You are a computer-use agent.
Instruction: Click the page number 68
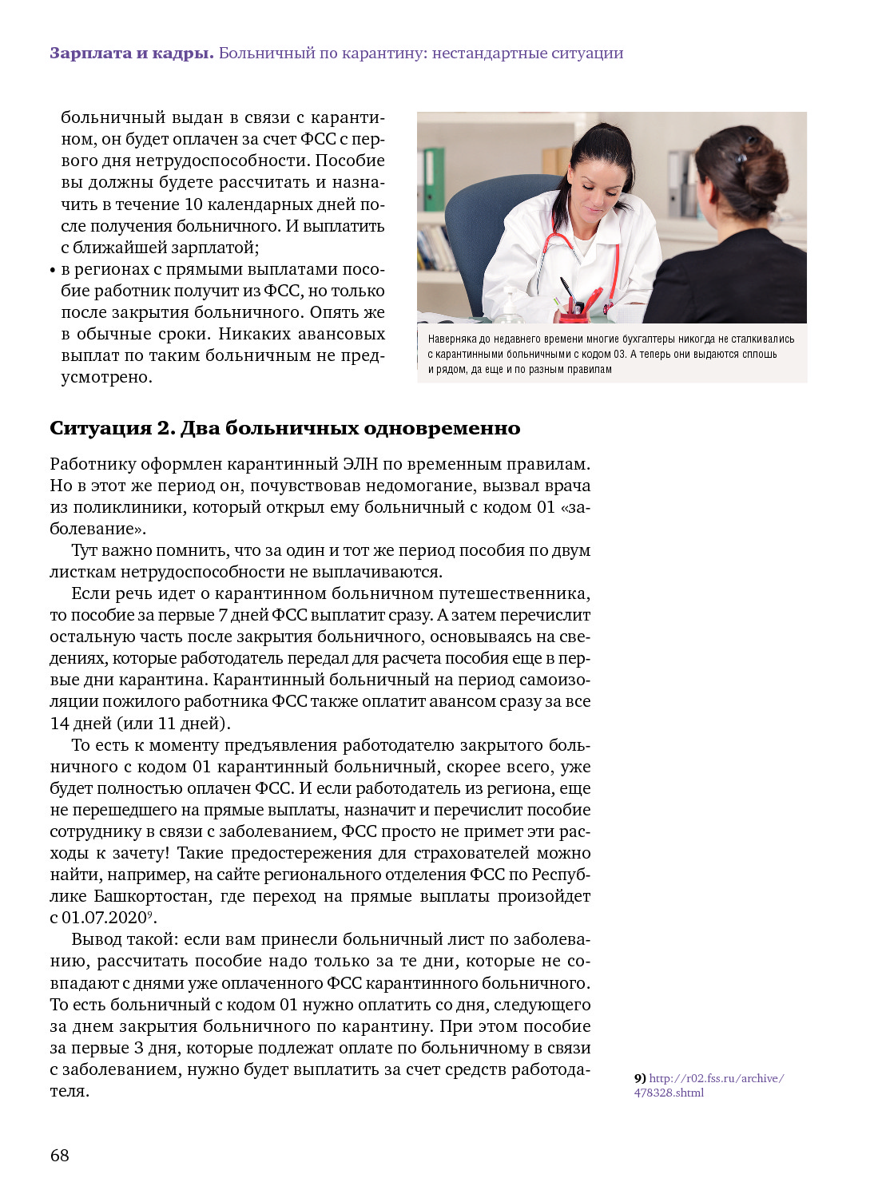pyautogui.click(x=60, y=1155)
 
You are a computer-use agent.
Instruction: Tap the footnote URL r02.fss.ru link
pyautogui.click(x=716, y=1078)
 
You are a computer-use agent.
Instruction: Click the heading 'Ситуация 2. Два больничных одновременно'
pyautogui.click(x=284, y=428)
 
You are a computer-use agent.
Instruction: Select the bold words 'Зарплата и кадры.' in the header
pyautogui.click(x=132, y=54)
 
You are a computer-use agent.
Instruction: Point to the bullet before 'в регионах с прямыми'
pyautogui.click(x=53, y=271)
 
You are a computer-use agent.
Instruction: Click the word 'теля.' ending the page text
pyautogui.click(x=70, y=1091)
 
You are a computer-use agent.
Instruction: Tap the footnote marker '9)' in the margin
pyautogui.click(x=640, y=1078)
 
